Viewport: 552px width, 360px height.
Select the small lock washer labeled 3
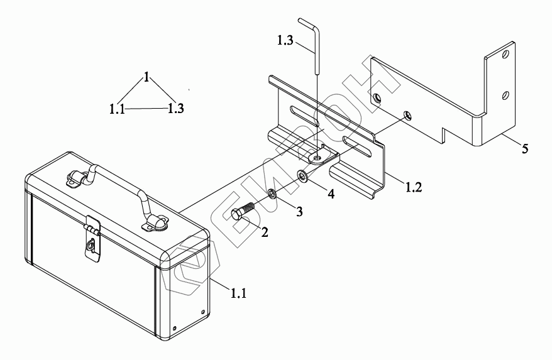coord(272,194)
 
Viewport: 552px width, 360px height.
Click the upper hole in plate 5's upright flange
coord(505,55)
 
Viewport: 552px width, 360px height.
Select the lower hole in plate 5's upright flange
coord(505,95)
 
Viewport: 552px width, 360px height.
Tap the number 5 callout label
coord(524,148)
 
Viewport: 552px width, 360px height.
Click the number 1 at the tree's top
coord(146,77)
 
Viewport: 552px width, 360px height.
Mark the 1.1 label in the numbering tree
coord(117,109)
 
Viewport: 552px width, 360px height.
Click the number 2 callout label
coord(265,232)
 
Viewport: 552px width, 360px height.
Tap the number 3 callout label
coord(300,212)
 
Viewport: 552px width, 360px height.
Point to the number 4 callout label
coord(331,194)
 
